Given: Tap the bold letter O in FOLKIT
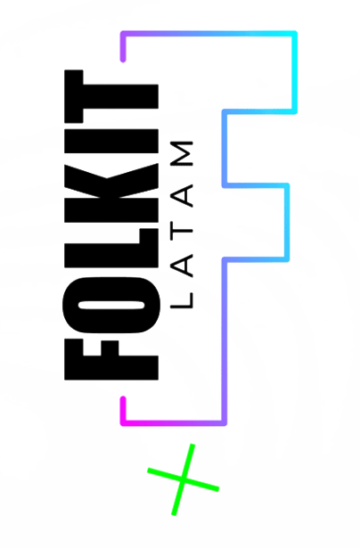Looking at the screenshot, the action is (111, 305).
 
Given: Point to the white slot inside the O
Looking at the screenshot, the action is (111, 305).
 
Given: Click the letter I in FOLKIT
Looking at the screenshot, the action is (111, 141).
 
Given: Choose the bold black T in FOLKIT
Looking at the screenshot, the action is (111, 96).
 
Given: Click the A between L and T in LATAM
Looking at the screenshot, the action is (182, 266).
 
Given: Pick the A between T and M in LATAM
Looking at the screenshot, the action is (182, 196).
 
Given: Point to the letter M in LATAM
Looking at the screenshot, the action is (182, 153).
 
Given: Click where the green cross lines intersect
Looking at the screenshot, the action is (184, 479).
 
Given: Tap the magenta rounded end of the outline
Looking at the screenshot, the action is (123, 399).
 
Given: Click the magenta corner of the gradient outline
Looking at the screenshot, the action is (123, 423).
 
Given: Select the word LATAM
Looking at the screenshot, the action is (182, 225).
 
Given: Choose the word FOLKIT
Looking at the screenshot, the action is (111, 225).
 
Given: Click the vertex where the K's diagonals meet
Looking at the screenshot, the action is (107, 178).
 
